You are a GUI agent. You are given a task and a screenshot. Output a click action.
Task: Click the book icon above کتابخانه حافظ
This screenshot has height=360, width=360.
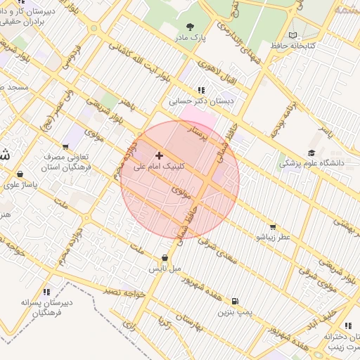click(x=293, y=35)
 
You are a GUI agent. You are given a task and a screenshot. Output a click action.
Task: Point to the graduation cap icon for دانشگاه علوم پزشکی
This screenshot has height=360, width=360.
click(x=311, y=153)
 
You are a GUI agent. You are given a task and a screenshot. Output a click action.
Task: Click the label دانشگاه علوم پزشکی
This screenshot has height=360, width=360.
click(x=311, y=163)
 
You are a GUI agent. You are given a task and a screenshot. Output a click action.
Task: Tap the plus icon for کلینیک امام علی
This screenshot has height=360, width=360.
click(x=159, y=155)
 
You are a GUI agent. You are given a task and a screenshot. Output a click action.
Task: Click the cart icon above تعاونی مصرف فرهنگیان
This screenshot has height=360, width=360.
click(x=66, y=147)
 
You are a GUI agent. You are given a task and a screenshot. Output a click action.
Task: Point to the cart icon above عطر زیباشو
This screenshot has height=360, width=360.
click(x=272, y=227)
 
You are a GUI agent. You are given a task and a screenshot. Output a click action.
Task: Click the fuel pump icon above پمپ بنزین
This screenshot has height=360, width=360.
click(x=233, y=300)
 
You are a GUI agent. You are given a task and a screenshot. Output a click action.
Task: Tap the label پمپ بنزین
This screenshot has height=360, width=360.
click(x=233, y=311)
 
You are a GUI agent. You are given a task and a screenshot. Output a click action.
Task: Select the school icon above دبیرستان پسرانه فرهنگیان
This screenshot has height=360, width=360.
click(x=47, y=291)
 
